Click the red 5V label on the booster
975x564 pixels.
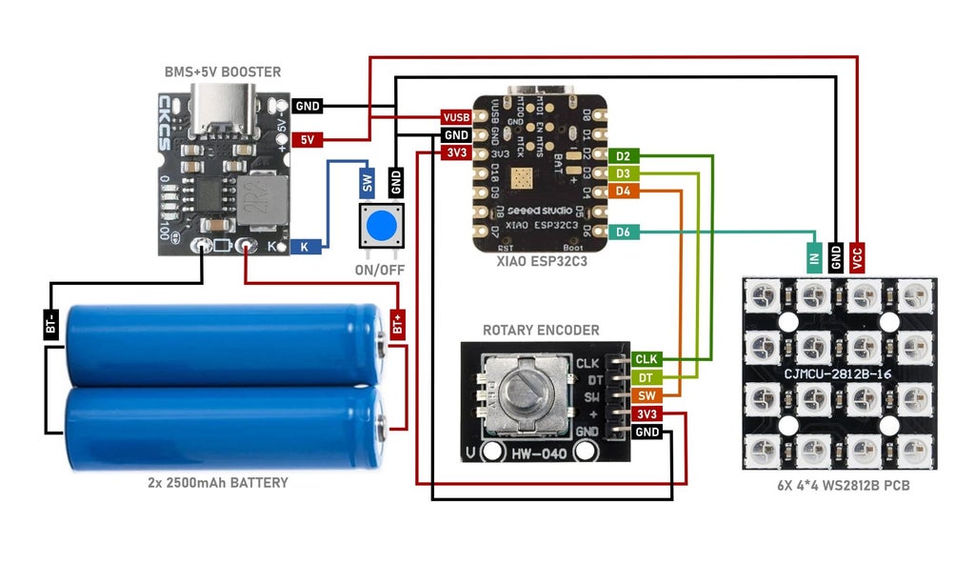click(x=308, y=139)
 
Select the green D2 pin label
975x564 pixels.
click(x=623, y=155)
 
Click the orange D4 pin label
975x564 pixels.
click(x=623, y=191)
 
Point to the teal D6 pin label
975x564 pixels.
click(x=623, y=232)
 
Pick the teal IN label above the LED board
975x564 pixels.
click(x=814, y=255)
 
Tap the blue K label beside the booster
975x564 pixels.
click(x=305, y=246)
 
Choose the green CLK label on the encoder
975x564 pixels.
click(x=647, y=359)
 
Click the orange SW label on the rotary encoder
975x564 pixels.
click(x=647, y=395)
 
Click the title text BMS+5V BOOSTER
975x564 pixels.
click(x=222, y=72)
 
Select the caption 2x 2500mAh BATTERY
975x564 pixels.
click(x=218, y=483)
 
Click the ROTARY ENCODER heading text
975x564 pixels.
click(x=541, y=330)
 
